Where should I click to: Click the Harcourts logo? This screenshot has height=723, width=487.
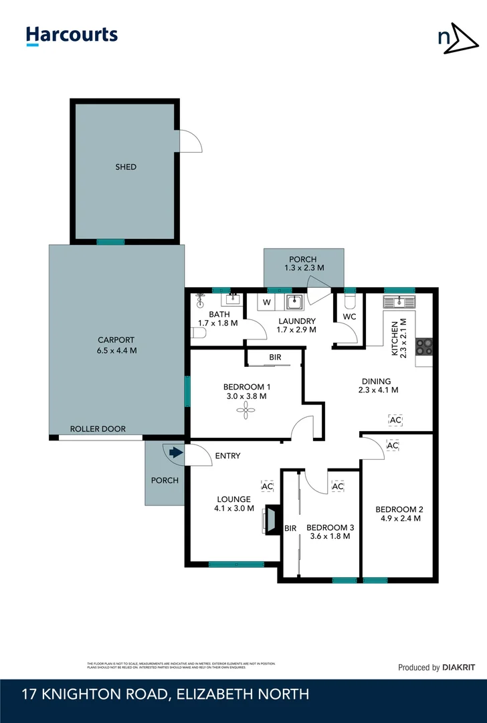pos(72,35)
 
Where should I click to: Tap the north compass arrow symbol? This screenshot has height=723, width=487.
pos(458,38)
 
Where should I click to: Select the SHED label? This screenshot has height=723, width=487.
pos(125,167)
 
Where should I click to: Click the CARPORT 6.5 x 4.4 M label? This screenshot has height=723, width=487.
pos(116,345)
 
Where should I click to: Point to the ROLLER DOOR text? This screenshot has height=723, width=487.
pos(98,429)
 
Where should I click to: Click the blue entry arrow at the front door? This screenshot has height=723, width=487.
pos(176,453)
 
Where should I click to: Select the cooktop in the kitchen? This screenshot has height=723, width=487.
pos(424,347)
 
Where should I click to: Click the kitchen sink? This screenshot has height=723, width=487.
pos(399,303)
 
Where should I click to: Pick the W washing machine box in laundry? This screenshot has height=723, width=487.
pos(266,303)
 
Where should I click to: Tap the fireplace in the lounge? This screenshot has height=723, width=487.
pos(272,520)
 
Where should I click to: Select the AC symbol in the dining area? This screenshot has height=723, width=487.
pos(395,420)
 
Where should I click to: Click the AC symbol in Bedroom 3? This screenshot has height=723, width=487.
pos(337,486)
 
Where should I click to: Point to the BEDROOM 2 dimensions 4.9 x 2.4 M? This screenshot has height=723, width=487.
pos(398,517)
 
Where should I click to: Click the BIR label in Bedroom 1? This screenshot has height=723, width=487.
pos(275,358)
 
